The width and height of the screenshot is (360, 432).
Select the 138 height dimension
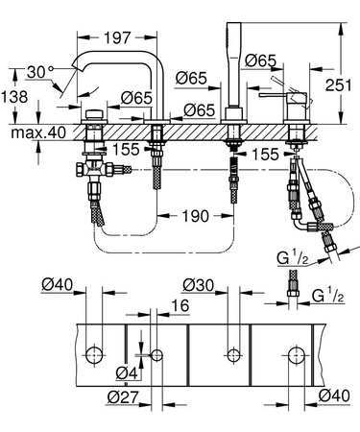[x=13, y=98]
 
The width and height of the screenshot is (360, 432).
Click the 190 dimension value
[x=197, y=216]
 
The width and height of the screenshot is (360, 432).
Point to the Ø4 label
[x=124, y=372]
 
